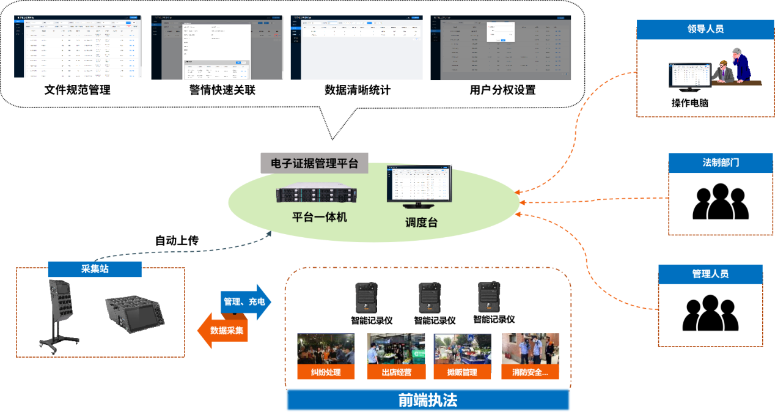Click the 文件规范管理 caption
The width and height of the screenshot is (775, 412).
click(x=78, y=90)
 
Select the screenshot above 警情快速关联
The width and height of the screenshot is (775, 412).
click(x=217, y=47)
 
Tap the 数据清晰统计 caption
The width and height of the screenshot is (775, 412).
click(x=358, y=90)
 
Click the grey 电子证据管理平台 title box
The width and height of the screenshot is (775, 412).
click(x=314, y=163)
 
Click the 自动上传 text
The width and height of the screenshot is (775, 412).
click(x=177, y=240)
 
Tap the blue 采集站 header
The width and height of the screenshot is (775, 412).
click(x=95, y=269)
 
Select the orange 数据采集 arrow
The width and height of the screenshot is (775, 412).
click(x=223, y=330)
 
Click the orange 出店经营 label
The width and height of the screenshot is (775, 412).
click(x=396, y=372)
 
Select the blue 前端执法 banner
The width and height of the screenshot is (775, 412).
click(x=428, y=400)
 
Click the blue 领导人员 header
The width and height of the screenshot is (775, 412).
click(x=705, y=29)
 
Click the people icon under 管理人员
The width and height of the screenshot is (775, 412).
click(x=710, y=313)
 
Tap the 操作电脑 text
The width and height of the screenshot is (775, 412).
click(x=690, y=103)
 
